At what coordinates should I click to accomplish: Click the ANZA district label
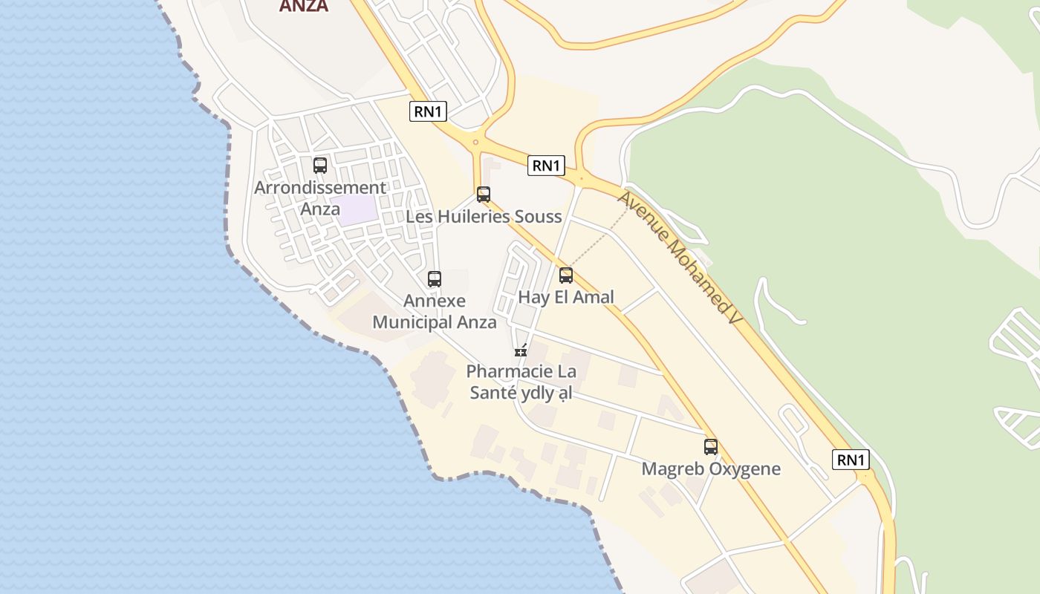tap(303, 6)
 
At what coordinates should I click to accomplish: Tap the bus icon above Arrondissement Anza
tap(320, 166)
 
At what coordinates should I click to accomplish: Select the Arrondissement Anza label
tap(320, 198)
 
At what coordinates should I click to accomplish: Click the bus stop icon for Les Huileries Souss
tap(484, 195)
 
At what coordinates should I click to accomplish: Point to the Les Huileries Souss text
tap(484, 217)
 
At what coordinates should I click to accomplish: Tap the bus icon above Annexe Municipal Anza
tap(435, 279)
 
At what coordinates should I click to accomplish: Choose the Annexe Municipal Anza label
tap(435, 311)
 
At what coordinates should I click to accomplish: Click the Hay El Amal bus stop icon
tap(566, 275)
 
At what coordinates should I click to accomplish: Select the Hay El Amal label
tap(566, 297)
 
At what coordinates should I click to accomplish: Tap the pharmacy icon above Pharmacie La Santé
tap(521, 350)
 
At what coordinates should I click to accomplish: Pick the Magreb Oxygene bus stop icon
tap(711, 447)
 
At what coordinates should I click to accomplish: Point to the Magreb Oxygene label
tap(711, 469)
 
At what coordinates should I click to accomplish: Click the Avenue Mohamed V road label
tap(679, 258)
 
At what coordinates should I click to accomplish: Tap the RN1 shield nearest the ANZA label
tap(429, 112)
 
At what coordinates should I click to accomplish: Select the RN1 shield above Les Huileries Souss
tap(546, 166)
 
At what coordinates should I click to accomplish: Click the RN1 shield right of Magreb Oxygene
tap(851, 460)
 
